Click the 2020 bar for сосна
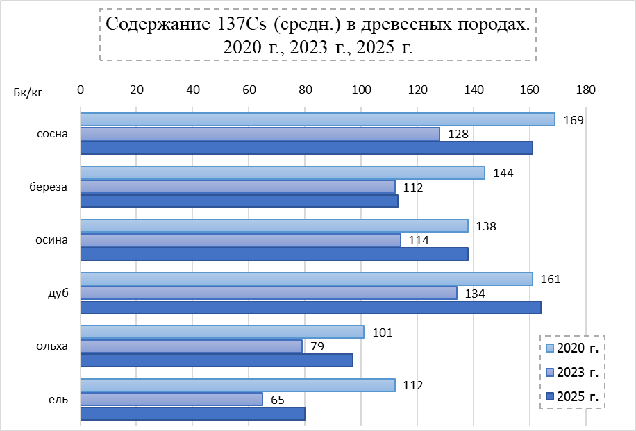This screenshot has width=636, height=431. [317, 119]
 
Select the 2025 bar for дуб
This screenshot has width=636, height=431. [310, 307]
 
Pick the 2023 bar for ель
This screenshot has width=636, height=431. [171, 399]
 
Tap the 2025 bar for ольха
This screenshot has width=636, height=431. [217, 360]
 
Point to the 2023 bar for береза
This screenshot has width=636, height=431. [237, 187]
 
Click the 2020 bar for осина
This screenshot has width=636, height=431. [274, 226]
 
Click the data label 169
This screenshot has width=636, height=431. [572, 120]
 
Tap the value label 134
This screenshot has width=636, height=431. [474, 293]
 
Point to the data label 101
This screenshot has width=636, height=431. [382, 332]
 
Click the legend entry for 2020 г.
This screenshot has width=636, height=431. [572, 348]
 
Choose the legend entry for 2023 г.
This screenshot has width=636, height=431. [572, 373]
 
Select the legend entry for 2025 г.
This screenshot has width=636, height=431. [572, 396]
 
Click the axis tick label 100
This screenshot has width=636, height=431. [361, 90]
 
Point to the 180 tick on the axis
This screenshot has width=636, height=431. [585, 90]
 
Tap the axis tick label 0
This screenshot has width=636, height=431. [81, 90]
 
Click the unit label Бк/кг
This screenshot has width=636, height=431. [28, 93]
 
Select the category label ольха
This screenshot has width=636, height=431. [52, 346]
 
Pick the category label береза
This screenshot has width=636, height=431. [48, 187]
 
